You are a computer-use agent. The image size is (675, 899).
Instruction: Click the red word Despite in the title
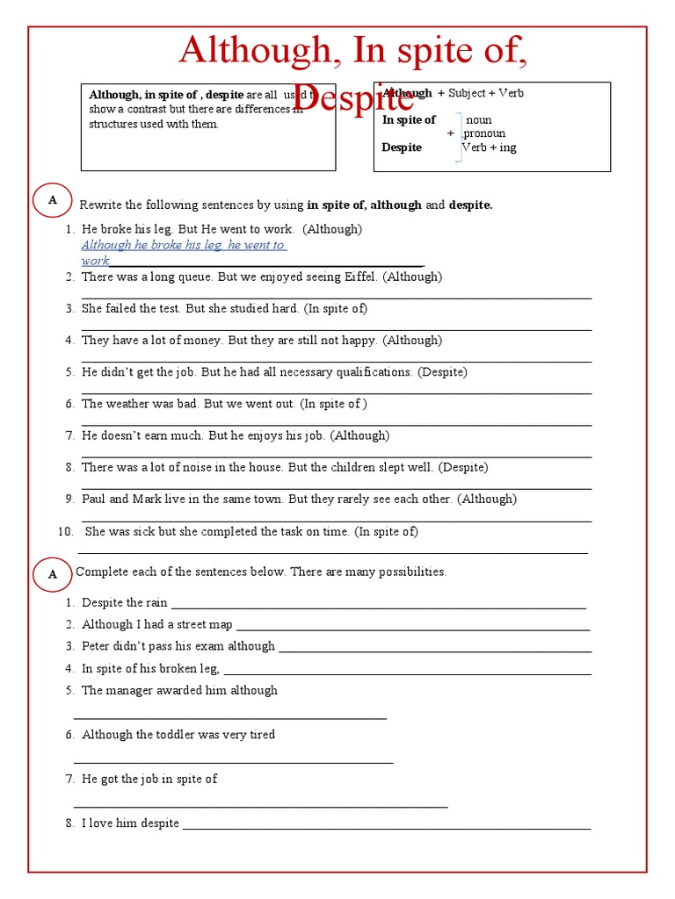(x=352, y=99)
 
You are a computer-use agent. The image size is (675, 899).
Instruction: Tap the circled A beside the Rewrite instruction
(x=53, y=200)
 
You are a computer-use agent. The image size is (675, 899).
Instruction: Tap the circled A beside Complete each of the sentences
(x=53, y=574)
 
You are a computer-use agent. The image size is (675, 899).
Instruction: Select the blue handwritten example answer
(x=184, y=253)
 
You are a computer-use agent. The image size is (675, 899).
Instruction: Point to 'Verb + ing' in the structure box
(x=490, y=147)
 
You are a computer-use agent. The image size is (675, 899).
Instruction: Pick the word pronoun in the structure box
(x=485, y=133)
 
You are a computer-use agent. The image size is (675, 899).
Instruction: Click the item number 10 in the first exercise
(x=65, y=531)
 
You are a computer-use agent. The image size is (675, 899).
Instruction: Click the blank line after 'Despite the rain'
(x=378, y=607)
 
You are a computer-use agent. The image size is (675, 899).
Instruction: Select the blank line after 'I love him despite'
(x=386, y=828)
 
